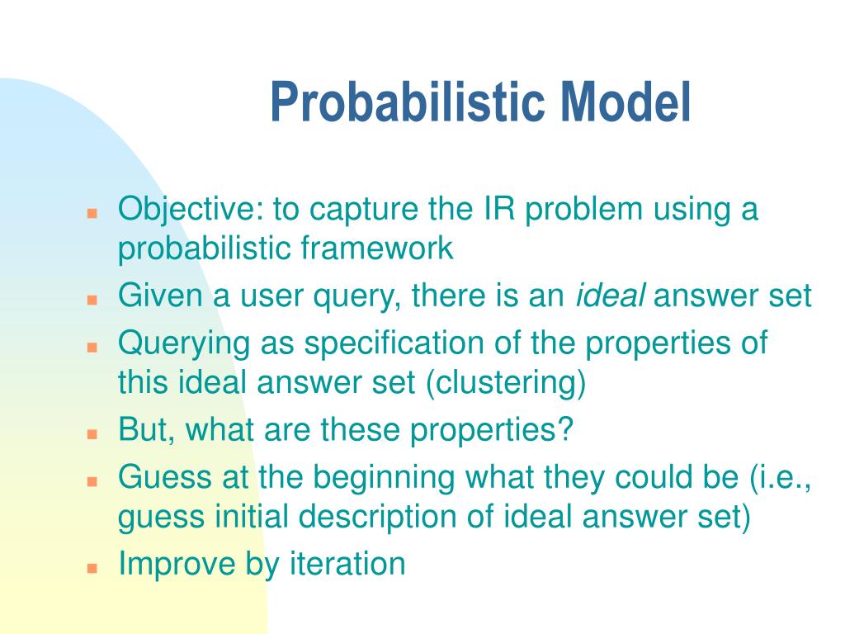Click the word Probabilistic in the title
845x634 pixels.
tap(408, 102)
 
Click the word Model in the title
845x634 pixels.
tap(625, 102)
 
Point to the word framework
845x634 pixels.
tap(376, 248)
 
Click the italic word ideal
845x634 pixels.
tap(610, 295)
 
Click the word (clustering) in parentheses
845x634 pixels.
tap(506, 383)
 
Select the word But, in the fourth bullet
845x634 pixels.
tap(146, 429)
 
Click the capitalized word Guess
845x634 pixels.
tap(164, 476)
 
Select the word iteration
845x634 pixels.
tap(347, 563)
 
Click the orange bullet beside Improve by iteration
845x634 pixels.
tap(92, 568)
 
